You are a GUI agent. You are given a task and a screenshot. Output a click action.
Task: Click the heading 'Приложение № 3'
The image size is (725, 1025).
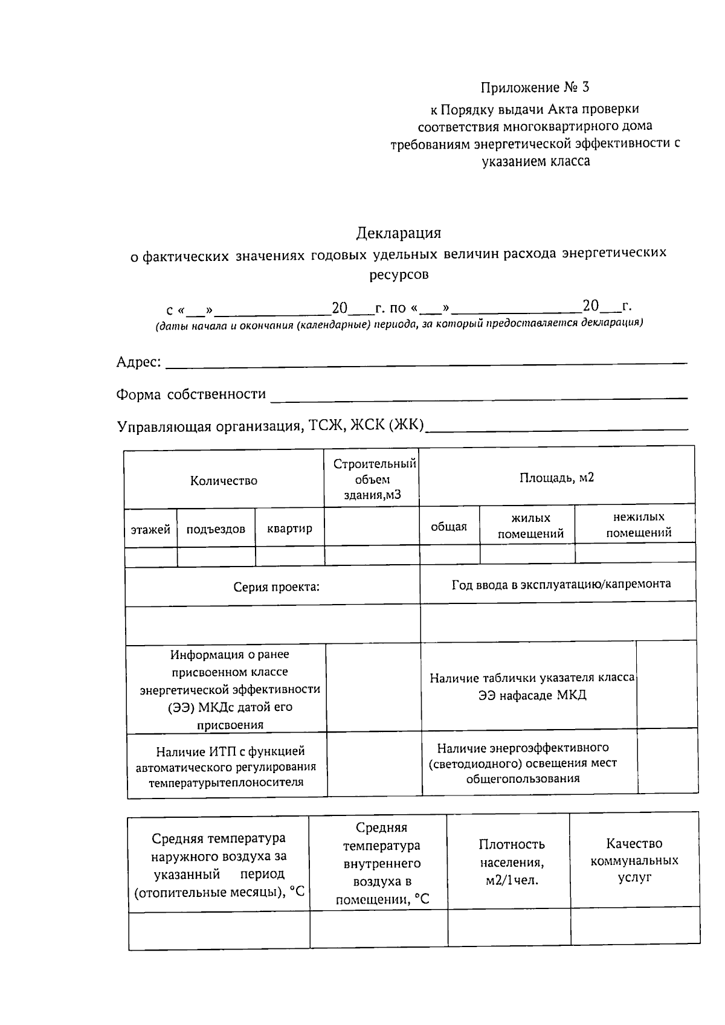coord(535,88)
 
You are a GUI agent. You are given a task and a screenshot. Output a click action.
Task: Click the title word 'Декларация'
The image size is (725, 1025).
coord(399,233)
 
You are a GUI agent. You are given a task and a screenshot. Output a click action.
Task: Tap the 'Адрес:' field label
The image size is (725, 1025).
coord(138,362)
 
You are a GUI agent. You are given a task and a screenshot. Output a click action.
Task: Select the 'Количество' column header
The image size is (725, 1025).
coord(224,481)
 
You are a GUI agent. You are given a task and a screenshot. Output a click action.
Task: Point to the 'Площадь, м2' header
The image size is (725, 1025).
coord(556,478)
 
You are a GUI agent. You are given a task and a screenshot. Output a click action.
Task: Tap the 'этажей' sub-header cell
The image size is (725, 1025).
coord(150,530)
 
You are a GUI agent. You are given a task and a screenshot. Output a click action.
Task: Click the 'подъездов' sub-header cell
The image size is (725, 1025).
coord(216,530)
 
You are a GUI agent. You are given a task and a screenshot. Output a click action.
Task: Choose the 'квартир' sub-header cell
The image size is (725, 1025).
coord(289,529)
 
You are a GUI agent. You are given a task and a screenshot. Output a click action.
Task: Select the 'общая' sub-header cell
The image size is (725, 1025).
coord(449,527)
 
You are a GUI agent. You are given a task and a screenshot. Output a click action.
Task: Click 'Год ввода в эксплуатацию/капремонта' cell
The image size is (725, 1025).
coord(561,584)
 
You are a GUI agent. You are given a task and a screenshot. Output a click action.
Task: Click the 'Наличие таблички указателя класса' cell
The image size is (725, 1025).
coord(532,686)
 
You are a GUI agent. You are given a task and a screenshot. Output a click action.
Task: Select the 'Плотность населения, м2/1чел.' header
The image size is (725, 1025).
coord(511,862)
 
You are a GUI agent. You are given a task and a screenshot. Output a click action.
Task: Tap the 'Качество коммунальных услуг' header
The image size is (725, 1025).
coord(634,860)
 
